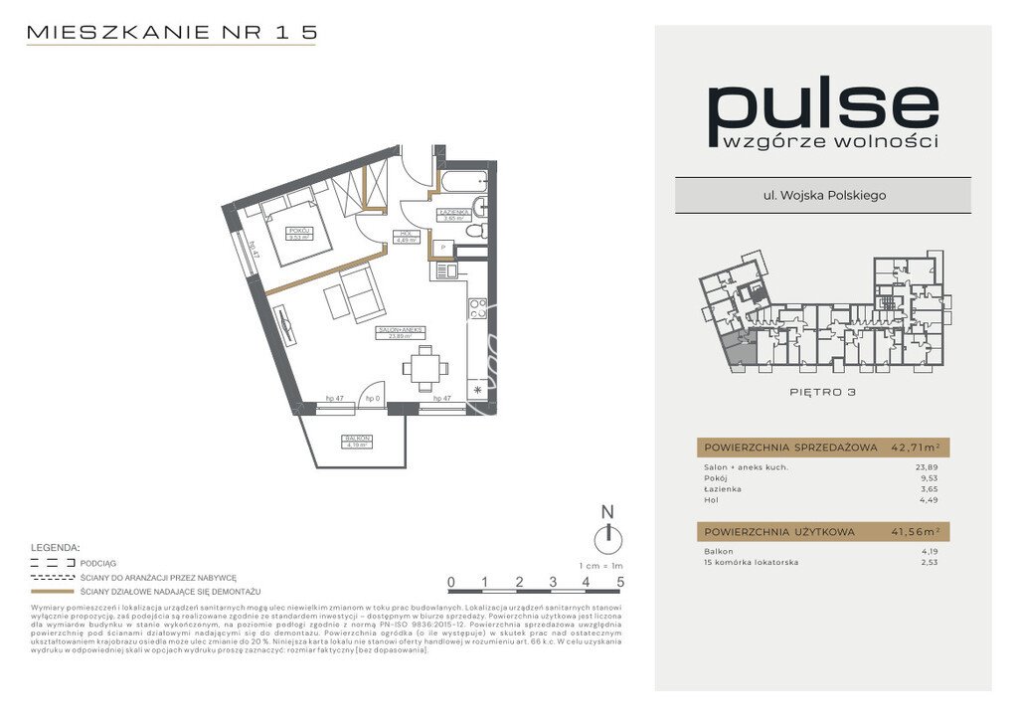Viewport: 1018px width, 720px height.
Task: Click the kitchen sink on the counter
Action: tap(450, 270)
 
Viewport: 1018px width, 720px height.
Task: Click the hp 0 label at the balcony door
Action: tap(373, 398)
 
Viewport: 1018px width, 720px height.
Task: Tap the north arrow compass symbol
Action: tap(607, 538)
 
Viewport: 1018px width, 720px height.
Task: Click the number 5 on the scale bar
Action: tap(620, 582)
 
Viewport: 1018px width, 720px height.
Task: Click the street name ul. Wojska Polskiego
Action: tap(822, 195)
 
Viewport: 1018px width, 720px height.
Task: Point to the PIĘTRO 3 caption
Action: tap(822, 392)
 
